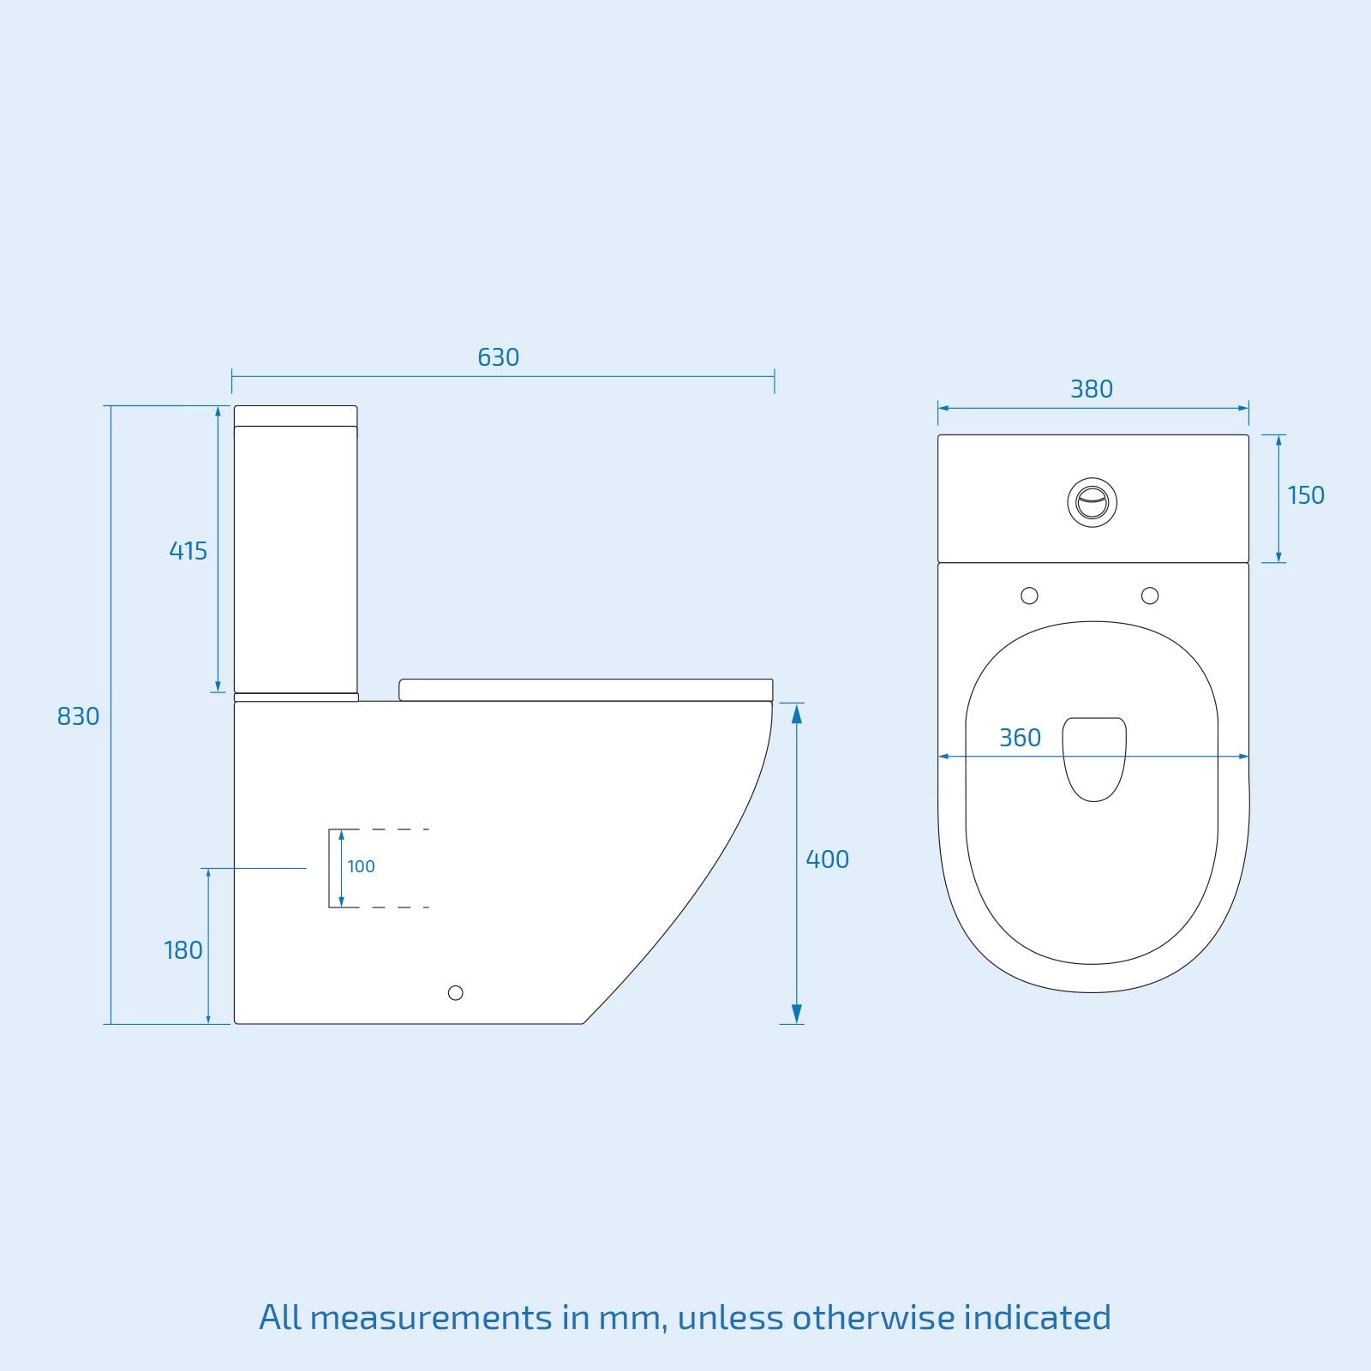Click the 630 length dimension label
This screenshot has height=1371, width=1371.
[x=498, y=357]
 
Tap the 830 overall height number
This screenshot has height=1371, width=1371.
[x=78, y=716]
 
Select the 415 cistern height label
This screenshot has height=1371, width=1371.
[x=188, y=551]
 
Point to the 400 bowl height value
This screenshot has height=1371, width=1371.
[x=827, y=859]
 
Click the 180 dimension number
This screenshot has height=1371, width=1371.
[x=183, y=950]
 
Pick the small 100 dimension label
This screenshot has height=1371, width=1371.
[x=361, y=866]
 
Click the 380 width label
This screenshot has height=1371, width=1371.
[x=1091, y=389]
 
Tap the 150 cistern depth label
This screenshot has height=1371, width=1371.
[x=1305, y=495]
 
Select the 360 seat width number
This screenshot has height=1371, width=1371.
[x=1020, y=738]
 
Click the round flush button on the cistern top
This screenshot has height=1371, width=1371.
[x=1092, y=502]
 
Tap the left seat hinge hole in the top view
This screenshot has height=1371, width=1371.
[x=1029, y=596]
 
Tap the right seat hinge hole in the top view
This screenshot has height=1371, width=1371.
[x=1150, y=596]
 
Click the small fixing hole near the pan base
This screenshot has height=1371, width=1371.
[x=455, y=992]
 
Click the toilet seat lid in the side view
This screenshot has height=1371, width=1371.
[x=585, y=690]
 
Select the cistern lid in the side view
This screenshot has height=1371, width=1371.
[x=296, y=416]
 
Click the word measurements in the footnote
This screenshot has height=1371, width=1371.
[x=430, y=1318]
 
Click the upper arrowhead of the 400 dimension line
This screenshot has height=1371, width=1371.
[x=796, y=713]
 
